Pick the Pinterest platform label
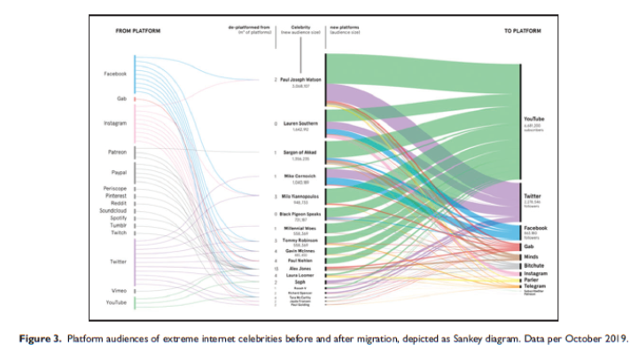114,195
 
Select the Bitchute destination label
533,265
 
